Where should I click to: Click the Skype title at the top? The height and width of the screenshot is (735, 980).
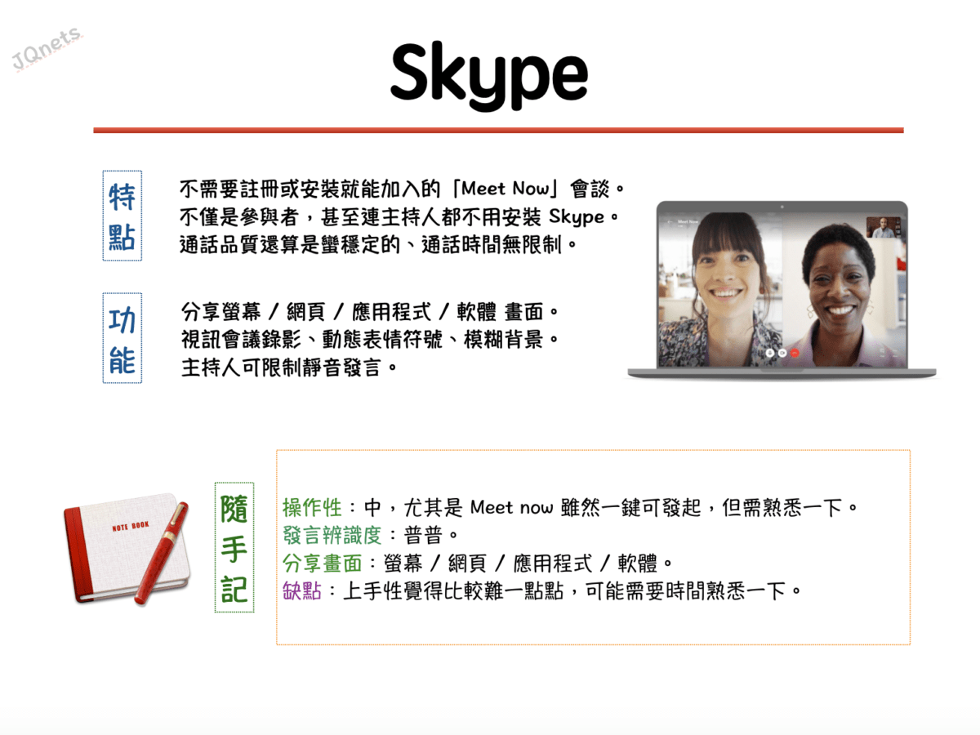(489, 76)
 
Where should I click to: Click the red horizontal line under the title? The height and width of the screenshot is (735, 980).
(498, 131)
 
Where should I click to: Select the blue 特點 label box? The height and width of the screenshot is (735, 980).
(122, 216)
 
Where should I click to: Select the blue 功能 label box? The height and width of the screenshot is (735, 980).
(122, 338)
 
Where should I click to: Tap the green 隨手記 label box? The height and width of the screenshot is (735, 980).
(234, 547)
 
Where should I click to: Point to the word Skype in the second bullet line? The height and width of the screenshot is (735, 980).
(577, 218)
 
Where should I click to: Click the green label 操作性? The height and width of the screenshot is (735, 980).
(312, 507)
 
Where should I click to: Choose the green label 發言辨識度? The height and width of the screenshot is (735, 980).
(332, 535)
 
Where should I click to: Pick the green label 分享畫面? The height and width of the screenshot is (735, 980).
(322, 563)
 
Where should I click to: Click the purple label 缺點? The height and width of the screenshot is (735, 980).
(302, 590)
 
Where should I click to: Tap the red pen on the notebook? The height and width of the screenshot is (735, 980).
(162, 554)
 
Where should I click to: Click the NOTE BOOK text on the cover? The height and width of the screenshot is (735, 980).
(131, 526)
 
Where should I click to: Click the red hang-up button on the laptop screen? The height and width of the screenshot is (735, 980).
(795, 353)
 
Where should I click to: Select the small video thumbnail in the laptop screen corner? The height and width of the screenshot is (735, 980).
(884, 227)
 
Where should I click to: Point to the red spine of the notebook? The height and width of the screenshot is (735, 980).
(78, 555)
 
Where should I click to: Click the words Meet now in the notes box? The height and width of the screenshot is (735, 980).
(511, 508)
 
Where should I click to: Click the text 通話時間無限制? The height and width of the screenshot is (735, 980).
(491, 245)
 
